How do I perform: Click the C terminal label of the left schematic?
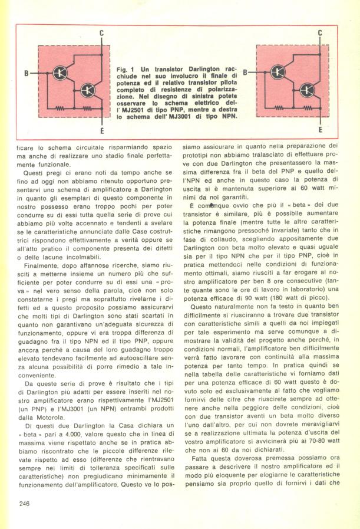point(101,34)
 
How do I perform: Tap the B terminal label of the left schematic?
point(26,73)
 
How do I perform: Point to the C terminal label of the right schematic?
point(320,34)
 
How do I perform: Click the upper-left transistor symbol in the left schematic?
point(60,73)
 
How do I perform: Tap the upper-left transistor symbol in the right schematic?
point(279,73)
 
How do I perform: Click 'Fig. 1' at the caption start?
point(124,69)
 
